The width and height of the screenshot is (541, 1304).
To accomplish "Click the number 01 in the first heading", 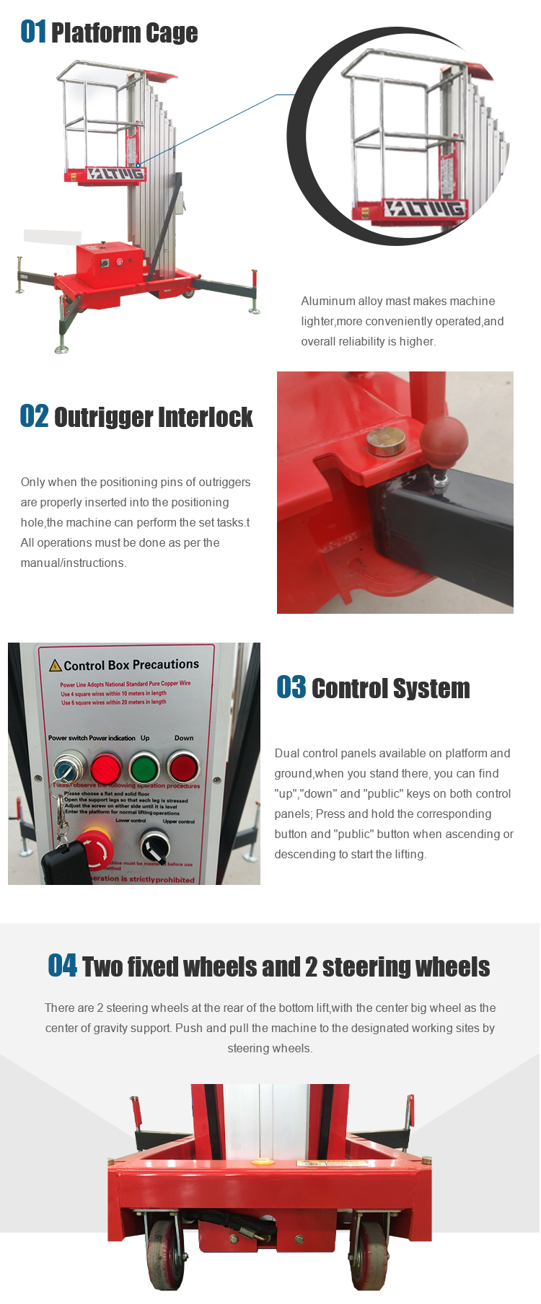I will click(x=33, y=32).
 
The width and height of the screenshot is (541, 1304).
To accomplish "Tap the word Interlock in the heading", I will click(x=205, y=418).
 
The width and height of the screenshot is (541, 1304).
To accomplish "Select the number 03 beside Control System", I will click(x=291, y=688).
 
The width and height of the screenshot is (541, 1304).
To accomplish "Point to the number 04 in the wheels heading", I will click(x=62, y=966).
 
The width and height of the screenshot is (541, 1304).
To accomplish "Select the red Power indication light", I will click(x=106, y=767).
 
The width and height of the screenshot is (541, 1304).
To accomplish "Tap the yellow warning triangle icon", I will click(x=55, y=665).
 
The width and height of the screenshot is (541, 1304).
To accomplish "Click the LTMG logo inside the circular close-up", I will click(x=424, y=208).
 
